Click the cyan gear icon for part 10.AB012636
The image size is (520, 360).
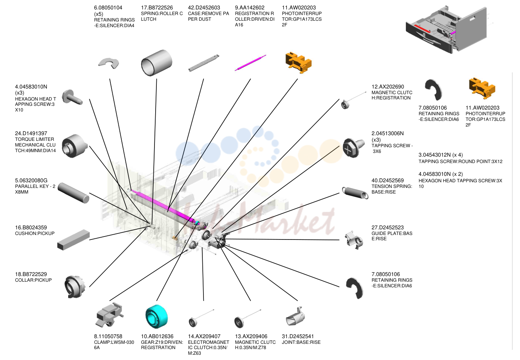[x=156, y=316]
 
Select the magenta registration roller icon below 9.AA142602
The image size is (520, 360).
[x=251, y=63]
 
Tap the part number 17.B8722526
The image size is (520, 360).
[x=157, y=8]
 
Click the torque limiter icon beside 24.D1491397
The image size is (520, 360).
[x=75, y=146]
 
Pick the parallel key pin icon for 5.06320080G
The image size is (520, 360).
[x=73, y=193]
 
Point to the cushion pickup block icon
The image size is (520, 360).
[x=73, y=240]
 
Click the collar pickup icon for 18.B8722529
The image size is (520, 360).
[x=75, y=287]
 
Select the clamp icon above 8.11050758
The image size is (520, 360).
[x=109, y=314]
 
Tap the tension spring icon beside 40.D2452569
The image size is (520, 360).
[x=355, y=193]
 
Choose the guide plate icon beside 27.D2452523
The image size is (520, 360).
[x=354, y=240]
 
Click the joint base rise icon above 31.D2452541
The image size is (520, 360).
[x=295, y=316]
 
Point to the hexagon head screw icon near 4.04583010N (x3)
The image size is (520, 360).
[x=72, y=97]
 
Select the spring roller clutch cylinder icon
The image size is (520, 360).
[x=156, y=63]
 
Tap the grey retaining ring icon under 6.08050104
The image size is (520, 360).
[x=109, y=63]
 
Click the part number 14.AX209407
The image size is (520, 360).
[x=204, y=336]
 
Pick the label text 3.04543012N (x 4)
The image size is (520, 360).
[x=440, y=155]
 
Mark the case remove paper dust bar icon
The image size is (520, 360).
[x=203, y=63]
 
